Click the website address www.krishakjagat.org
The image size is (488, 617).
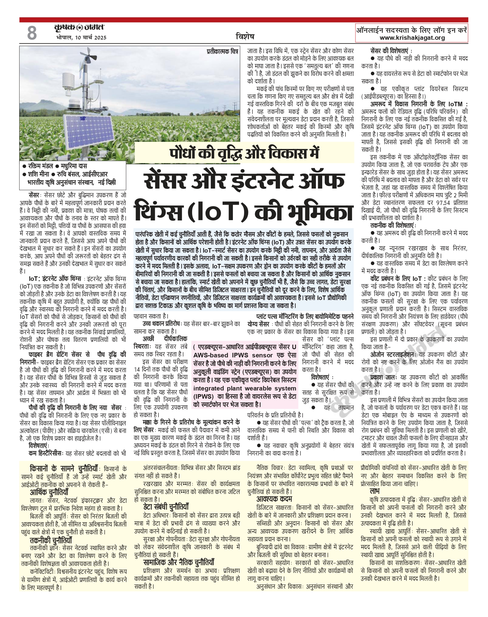412,38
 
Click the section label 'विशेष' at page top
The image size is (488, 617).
245,37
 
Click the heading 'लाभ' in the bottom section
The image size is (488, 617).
375,491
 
